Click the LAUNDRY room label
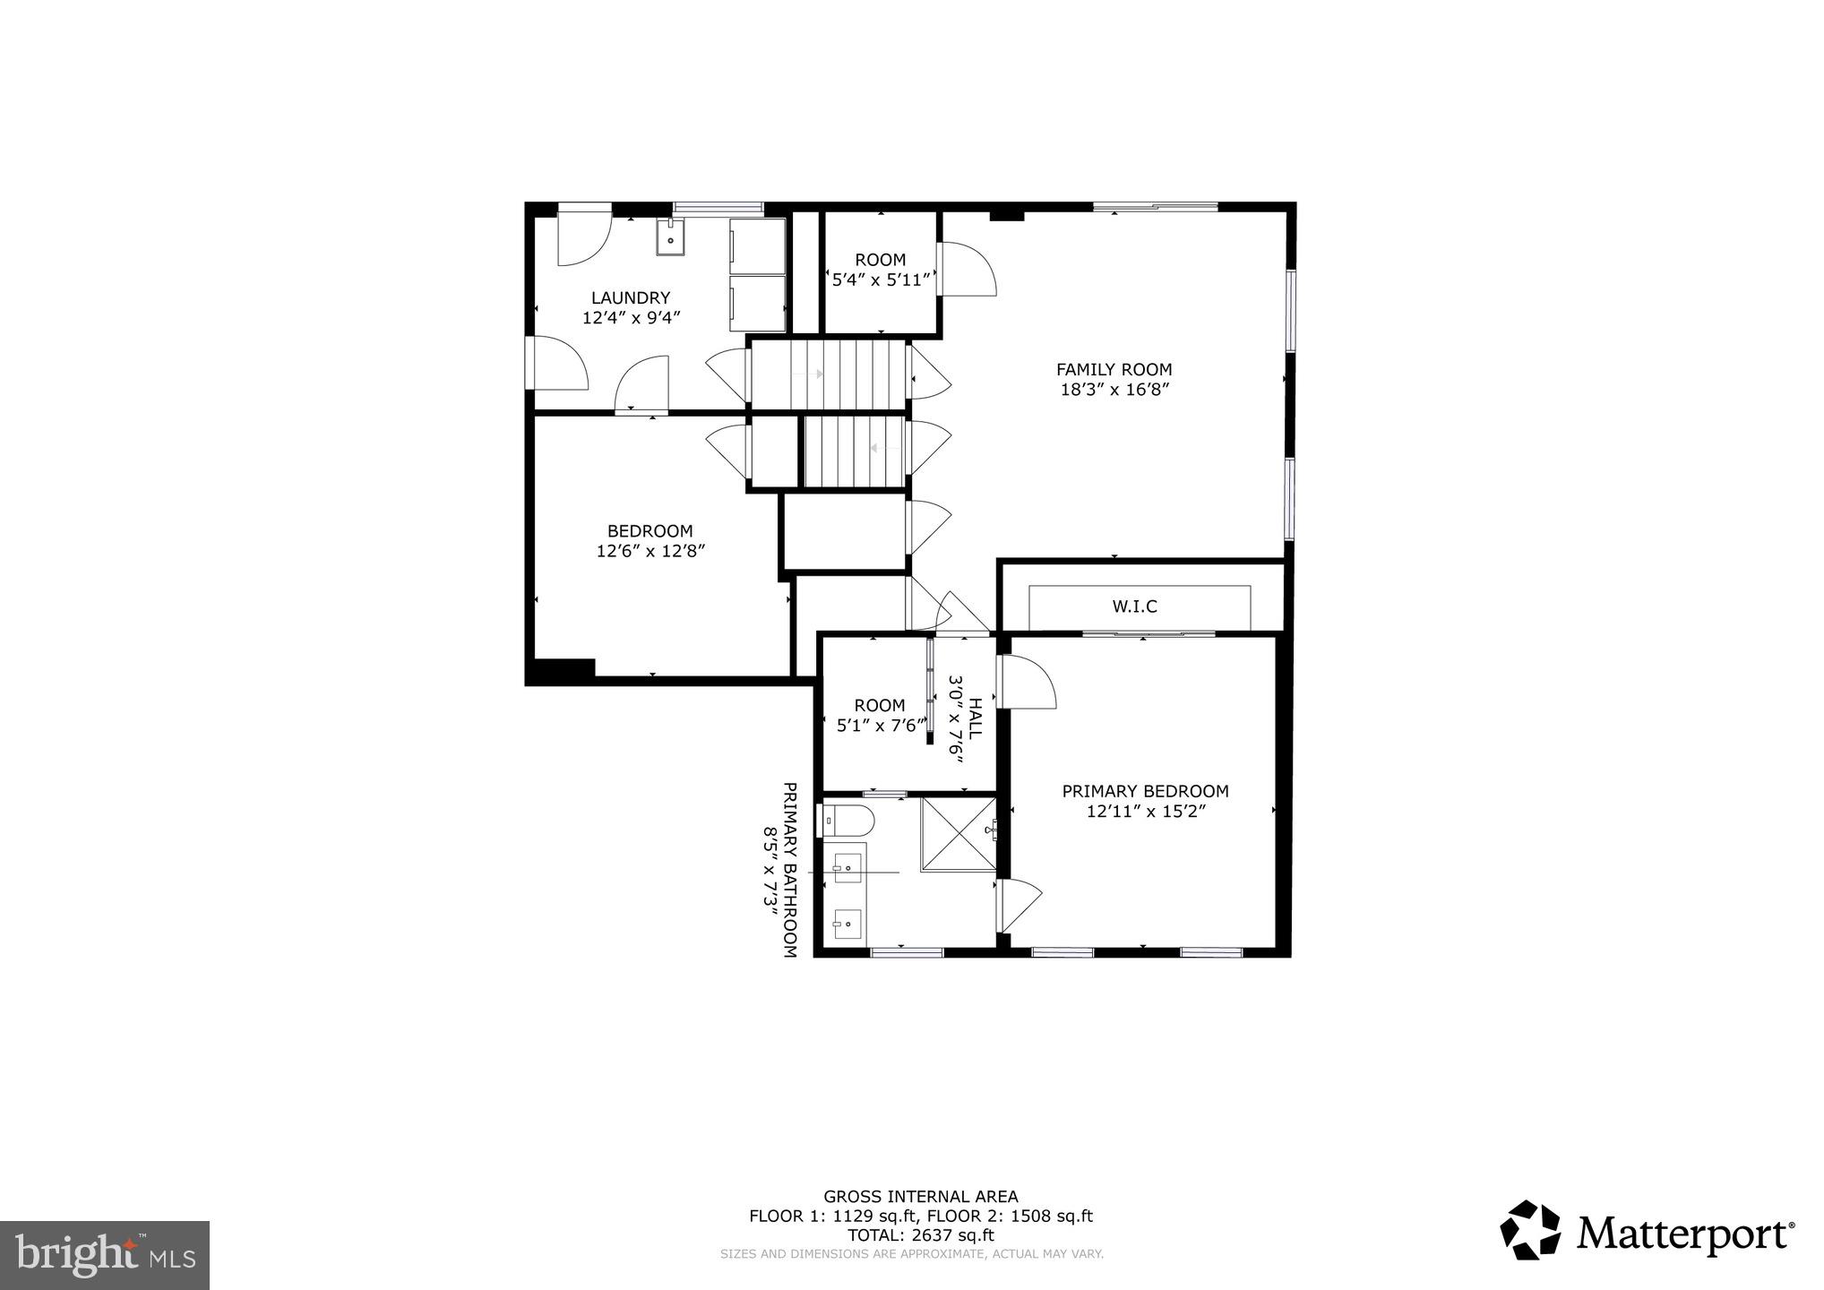pyautogui.click(x=630, y=297)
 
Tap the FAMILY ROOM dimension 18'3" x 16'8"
pyautogui.click(x=1114, y=390)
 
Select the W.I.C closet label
pyautogui.click(x=1134, y=606)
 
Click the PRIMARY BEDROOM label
pyautogui.click(x=1145, y=791)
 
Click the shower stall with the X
pyautogui.click(x=958, y=832)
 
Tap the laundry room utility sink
pyautogui.click(x=670, y=237)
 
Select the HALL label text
pyautogui.click(x=975, y=718)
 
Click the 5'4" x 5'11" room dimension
pyautogui.click(x=882, y=279)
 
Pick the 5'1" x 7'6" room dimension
pyautogui.click(x=878, y=726)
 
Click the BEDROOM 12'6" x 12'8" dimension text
pyautogui.click(x=650, y=551)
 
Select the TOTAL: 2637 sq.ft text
pyautogui.click(x=920, y=1235)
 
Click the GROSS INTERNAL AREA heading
pyautogui.click(x=920, y=1196)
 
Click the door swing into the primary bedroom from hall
pyautogui.click(x=1027, y=683)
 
